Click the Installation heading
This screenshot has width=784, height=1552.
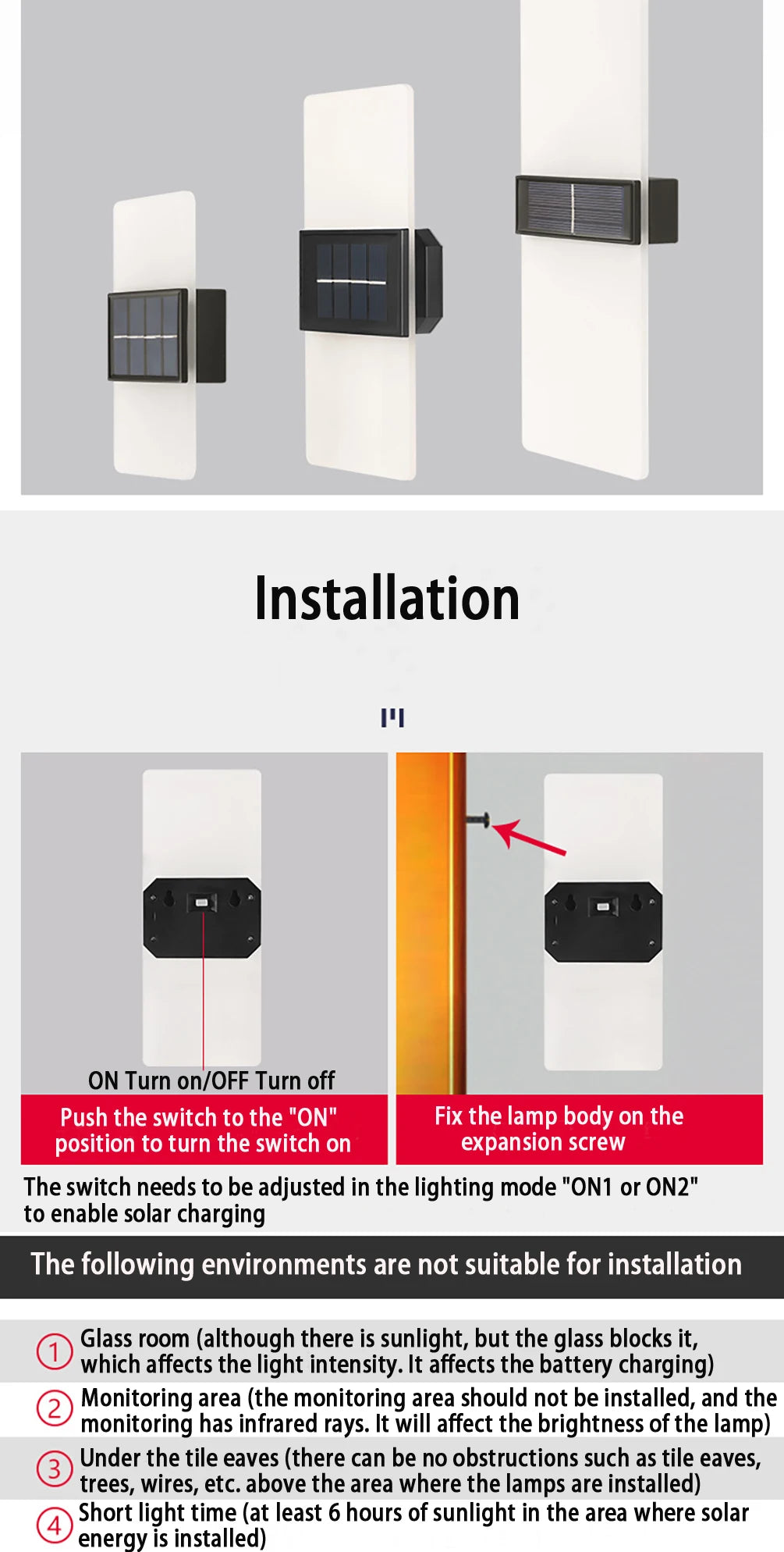coord(387,599)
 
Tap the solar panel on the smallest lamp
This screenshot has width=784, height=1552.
coord(147,336)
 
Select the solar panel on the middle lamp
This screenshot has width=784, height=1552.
coord(354,282)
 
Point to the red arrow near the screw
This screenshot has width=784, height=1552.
coord(530,838)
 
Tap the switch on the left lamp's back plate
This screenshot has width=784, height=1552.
coord(201,903)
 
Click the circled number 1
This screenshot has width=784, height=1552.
coord(55,1351)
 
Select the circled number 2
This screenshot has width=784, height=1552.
coord(55,1409)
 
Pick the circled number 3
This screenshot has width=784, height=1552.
coord(55,1468)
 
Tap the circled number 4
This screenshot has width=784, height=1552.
coord(55,1524)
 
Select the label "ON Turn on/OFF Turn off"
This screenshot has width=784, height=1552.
coord(211,1080)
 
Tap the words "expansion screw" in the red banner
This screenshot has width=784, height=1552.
coord(543,1142)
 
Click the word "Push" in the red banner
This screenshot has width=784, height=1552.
coord(84,1118)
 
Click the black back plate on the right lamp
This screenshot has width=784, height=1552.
coord(603,921)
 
